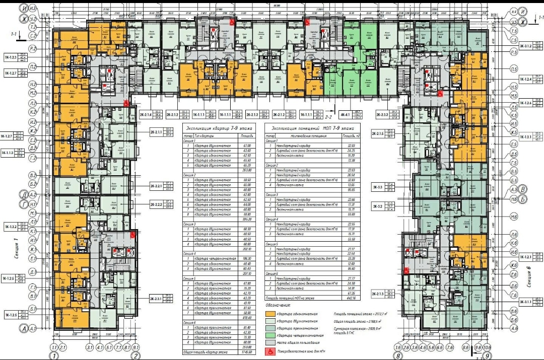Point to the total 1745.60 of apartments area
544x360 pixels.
coord(246,351)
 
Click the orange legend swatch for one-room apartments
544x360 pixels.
coord(273,314)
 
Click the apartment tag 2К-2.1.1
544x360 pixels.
coord(156,132)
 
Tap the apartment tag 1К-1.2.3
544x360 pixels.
coord(11,57)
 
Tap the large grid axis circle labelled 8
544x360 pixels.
coord(398,355)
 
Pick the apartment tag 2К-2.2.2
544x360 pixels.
coord(156,205)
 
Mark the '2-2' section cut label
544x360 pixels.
coord(329,107)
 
